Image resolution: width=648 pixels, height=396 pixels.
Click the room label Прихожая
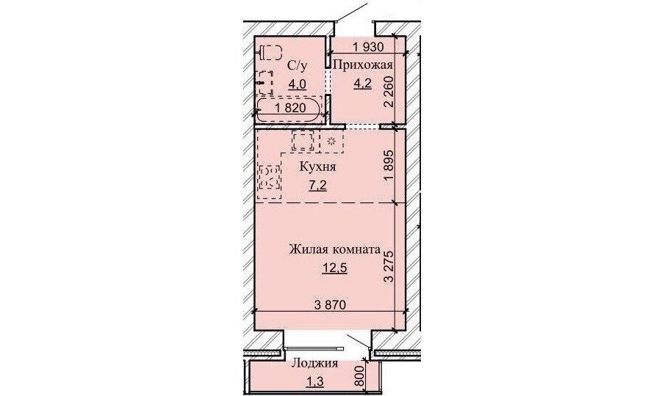(362, 65)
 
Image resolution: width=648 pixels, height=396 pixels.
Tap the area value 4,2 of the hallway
(362, 84)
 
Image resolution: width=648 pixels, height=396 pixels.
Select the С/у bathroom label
(298, 65)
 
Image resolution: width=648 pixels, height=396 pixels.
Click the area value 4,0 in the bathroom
(297, 84)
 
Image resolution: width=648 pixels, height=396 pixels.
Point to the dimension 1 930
(368, 47)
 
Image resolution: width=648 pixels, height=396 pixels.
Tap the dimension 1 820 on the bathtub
(289, 109)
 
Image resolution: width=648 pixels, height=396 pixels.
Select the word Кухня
(317, 167)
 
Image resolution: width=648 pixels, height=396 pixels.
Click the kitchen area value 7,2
(317, 186)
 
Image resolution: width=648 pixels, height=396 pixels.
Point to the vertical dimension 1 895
(389, 165)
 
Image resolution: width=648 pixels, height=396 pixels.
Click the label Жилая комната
(335, 249)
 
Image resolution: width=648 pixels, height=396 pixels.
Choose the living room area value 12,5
(334, 268)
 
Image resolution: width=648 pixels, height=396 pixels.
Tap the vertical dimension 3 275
(389, 265)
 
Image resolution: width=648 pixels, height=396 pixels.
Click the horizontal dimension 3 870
(330, 305)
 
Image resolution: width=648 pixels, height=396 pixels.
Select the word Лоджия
(314, 364)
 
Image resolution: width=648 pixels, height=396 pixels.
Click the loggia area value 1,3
(314, 382)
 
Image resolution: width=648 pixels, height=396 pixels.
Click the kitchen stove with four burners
(270, 176)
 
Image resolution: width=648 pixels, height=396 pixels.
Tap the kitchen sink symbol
(303, 141)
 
